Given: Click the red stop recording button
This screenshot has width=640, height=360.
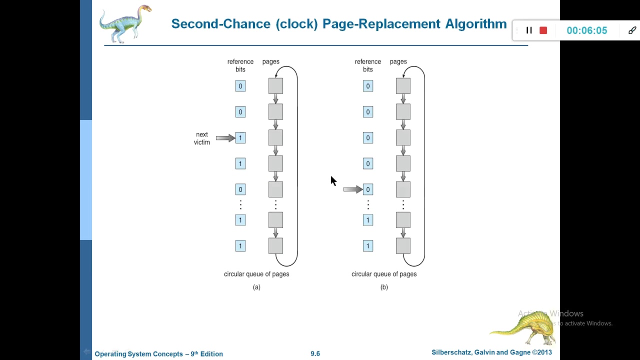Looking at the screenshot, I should (x=543, y=30).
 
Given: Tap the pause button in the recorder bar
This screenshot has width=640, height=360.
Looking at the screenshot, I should (x=529, y=30).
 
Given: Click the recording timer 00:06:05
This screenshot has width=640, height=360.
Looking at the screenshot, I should (x=586, y=30).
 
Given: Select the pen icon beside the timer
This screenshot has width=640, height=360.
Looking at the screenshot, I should (x=632, y=30).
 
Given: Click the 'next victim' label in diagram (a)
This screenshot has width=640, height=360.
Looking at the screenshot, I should (x=202, y=138).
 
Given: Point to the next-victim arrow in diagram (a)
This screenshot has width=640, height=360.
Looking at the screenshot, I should (x=225, y=138).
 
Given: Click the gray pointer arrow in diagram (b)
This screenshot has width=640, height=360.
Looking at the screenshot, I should (x=352, y=189).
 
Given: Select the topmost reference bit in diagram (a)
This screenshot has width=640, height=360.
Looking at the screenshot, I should (x=240, y=86).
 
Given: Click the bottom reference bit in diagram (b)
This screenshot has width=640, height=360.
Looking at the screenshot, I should (x=368, y=246).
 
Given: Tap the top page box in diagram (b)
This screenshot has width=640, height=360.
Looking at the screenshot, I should (x=403, y=86).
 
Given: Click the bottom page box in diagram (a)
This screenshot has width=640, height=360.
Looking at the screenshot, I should (x=275, y=246).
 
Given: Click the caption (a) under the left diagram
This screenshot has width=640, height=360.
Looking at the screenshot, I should (x=256, y=287).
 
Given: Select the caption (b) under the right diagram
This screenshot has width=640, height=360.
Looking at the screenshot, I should (x=384, y=287).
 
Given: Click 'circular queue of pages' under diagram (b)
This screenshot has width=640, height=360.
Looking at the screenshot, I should (x=384, y=274).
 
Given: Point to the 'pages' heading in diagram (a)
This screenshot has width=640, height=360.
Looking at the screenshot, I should (x=270, y=61).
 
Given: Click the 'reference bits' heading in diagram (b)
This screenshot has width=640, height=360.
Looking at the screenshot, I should (x=368, y=65).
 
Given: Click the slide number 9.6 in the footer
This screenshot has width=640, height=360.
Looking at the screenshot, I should (x=315, y=353).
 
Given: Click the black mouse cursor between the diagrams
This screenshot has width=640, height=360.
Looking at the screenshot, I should (x=333, y=181).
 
